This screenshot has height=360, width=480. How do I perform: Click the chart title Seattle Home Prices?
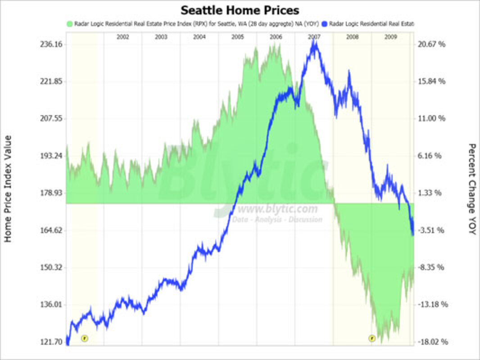point(240,10)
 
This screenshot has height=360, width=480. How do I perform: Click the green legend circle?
point(69,23)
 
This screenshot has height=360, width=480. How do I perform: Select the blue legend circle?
point(325,23)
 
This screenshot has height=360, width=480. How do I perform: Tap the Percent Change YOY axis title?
point(472,189)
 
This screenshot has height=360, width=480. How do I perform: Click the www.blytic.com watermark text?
point(277,209)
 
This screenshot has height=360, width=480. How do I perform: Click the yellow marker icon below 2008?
point(372,338)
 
